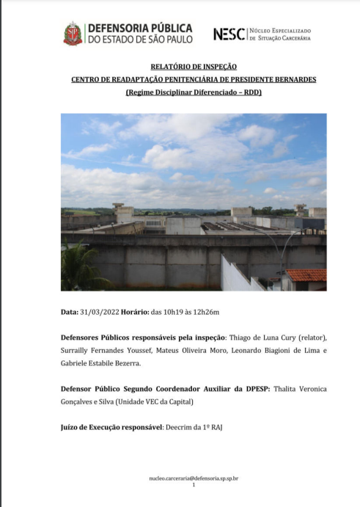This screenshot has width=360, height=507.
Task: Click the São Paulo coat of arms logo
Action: (x=73, y=34)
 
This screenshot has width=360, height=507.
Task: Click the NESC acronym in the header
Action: (x=228, y=34)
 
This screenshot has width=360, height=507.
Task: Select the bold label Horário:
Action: (x=136, y=312)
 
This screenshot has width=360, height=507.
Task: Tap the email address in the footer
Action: (x=194, y=478)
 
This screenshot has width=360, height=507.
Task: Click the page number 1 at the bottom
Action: (x=194, y=485)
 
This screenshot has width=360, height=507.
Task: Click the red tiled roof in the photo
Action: (x=306, y=274)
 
